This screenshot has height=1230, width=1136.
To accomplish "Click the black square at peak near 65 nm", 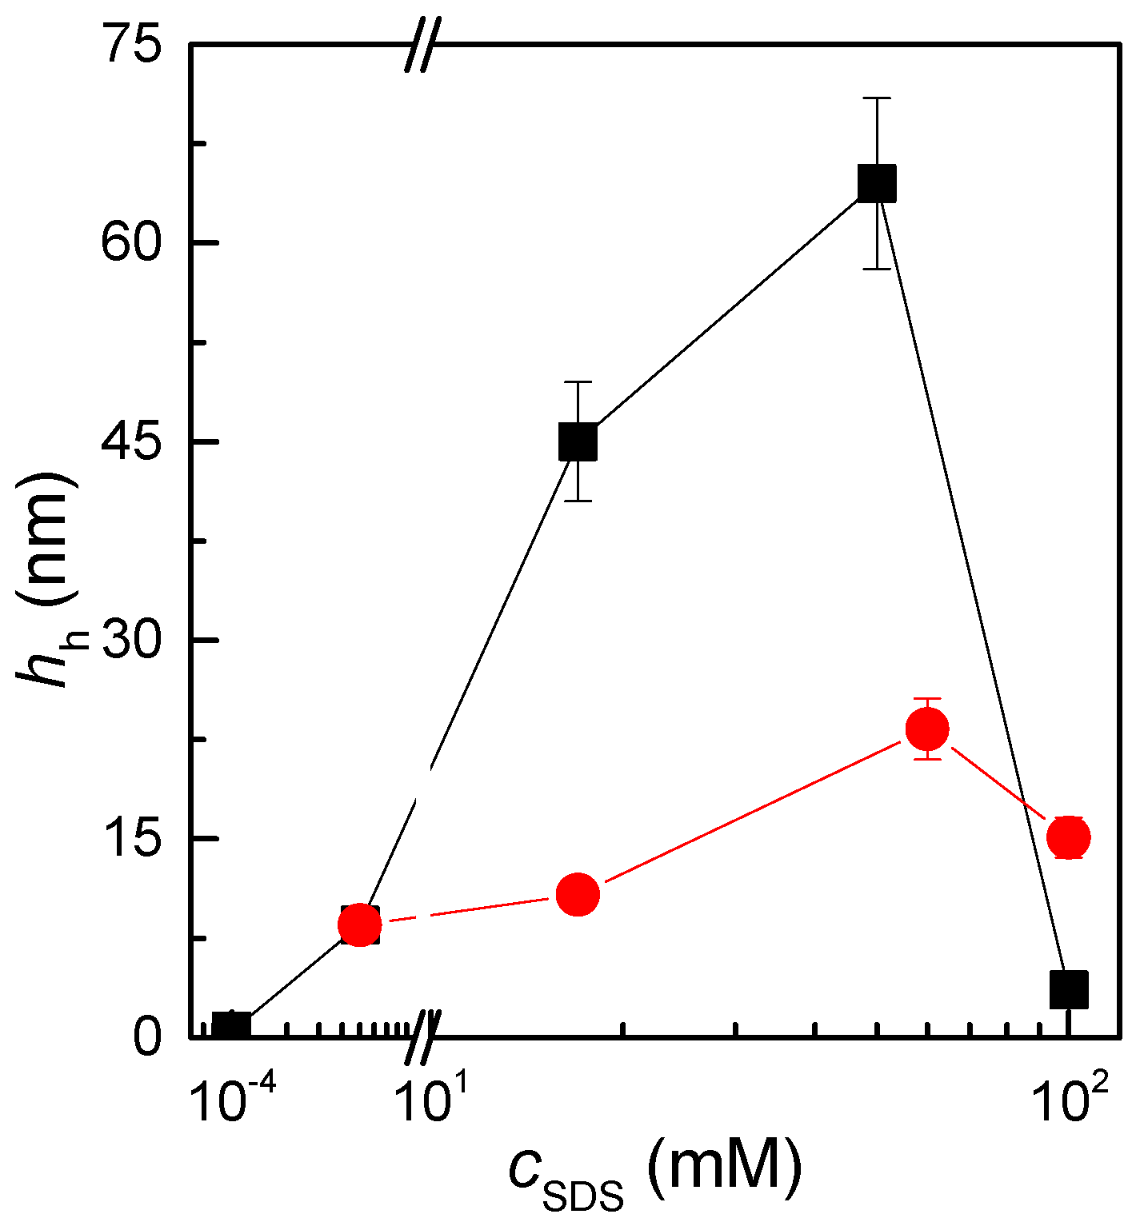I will click(877, 183).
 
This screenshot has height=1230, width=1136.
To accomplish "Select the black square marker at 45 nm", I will click(578, 441).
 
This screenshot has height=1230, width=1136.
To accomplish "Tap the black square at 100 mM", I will click(1069, 988).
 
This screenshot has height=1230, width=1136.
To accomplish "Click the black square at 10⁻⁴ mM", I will click(231, 1025).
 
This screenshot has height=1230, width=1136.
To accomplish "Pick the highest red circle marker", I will click(927, 729).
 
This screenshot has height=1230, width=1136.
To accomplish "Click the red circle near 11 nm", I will click(578, 894).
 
